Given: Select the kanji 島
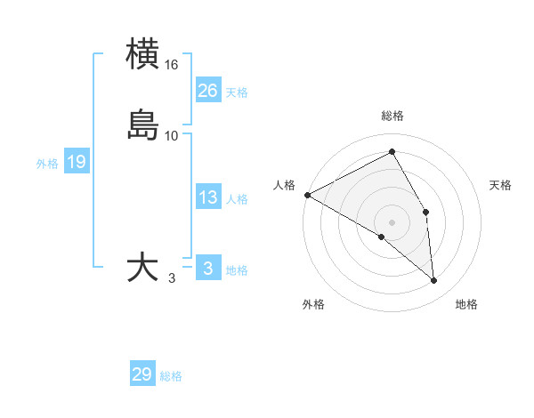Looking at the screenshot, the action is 143,125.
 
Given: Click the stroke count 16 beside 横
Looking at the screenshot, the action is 172,65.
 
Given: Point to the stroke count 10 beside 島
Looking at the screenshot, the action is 172,135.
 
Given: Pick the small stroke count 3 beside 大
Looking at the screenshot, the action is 172,278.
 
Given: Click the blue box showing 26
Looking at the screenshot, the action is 208,90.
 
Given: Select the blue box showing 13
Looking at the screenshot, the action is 208,197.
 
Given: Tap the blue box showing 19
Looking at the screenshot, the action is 77,162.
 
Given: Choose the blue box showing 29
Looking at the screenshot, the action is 142,374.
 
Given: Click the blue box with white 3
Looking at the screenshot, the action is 208,268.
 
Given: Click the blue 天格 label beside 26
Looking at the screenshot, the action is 237,92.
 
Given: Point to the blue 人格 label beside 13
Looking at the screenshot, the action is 237,199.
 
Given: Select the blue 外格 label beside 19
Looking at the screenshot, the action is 47,164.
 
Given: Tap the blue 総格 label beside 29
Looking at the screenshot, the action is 171,376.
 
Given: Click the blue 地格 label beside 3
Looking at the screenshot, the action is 237,270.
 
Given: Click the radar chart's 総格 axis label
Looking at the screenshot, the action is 392,116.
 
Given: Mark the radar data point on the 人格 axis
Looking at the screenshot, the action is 307,195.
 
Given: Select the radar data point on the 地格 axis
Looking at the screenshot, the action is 434,281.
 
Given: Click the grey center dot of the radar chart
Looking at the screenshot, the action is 392,221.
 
